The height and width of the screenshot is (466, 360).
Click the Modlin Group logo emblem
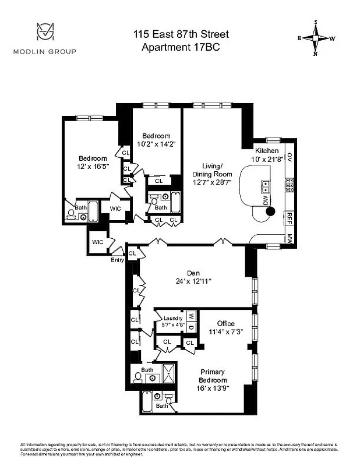[45, 31]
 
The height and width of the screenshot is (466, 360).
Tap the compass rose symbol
[316, 38]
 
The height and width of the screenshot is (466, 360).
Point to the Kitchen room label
[267, 151]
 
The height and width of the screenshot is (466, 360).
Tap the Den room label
[193, 272]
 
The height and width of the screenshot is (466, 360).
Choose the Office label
[225, 323]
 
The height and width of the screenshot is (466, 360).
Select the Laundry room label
[173, 318]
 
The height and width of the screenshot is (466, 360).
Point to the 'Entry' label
[117, 260]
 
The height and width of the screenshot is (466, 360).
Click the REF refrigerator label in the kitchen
[288, 217]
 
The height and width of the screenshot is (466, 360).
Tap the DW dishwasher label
[266, 200]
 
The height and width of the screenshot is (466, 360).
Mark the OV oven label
[289, 157]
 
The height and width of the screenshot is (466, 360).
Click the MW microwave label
[290, 238]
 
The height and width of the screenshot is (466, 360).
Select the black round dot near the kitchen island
[270, 211]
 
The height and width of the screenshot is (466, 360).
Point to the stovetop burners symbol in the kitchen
[288, 185]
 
